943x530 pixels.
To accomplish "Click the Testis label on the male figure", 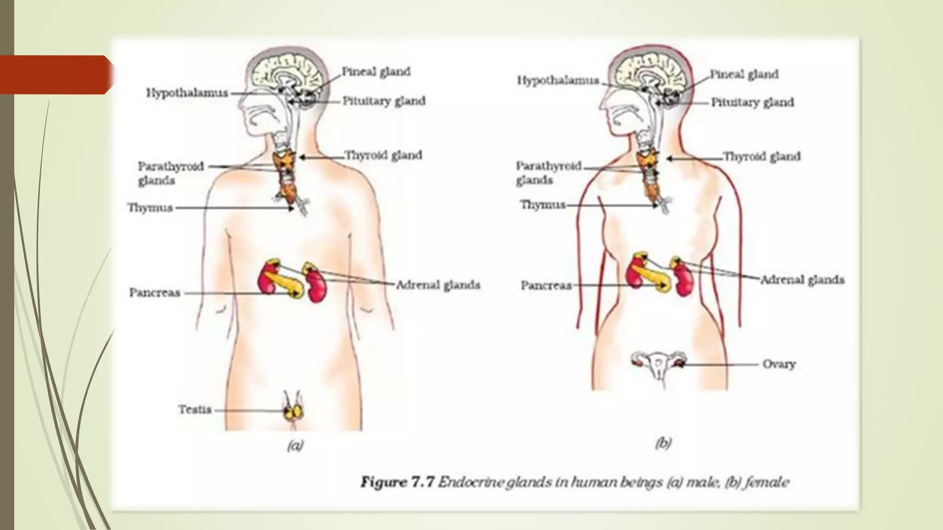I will [195, 409].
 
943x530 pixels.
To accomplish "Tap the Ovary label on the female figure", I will [779, 364].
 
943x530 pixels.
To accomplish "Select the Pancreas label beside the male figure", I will [155, 293].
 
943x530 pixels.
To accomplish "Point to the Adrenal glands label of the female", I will [802, 280].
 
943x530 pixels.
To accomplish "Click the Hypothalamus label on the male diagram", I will [187, 93].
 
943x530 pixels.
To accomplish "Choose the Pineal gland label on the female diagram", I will [744, 74].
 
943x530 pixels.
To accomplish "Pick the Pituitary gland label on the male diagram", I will [384, 101].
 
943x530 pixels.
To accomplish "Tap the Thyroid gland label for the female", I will [762, 156].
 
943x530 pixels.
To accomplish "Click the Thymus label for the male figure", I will [150, 207].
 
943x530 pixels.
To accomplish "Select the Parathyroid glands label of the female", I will [548, 173].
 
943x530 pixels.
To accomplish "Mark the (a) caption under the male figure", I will [295, 445].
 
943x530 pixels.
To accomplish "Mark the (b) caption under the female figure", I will [663, 443].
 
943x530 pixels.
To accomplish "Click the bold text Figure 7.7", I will [397, 482].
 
